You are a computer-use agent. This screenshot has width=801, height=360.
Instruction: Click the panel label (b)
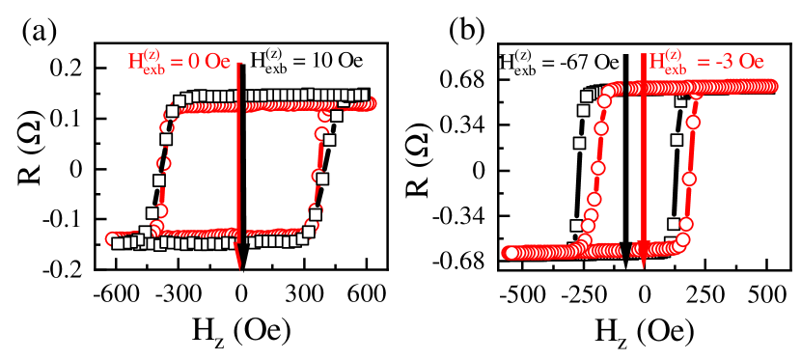click(x=466, y=32)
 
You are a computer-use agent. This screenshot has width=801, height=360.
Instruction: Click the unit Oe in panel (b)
click(x=749, y=63)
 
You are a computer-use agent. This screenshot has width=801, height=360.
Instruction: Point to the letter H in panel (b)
click(x=655, y=63)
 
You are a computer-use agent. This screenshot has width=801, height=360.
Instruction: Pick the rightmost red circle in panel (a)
click(x=370, y=103)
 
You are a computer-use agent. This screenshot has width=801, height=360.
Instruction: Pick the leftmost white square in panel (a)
click(x=118, y=243)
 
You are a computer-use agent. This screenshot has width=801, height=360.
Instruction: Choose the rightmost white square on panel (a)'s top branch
click(x=363, y=95)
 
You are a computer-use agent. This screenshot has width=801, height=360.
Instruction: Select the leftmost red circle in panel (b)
click(x=508, y=253)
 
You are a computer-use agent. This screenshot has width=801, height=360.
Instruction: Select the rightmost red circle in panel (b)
click(x=771, y=87)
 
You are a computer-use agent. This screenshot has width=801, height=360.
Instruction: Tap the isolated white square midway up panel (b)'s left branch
click(x=579, y=143)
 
